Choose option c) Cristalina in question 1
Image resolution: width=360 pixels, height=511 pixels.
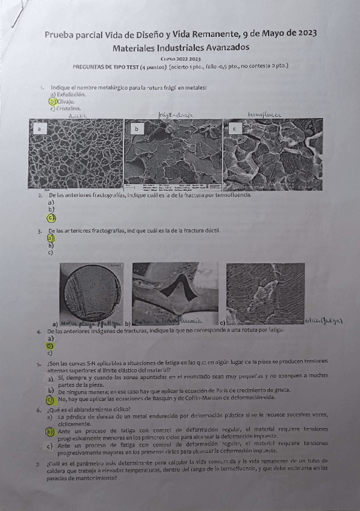point(66,108)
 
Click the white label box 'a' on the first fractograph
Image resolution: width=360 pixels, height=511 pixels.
point(39,129)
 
